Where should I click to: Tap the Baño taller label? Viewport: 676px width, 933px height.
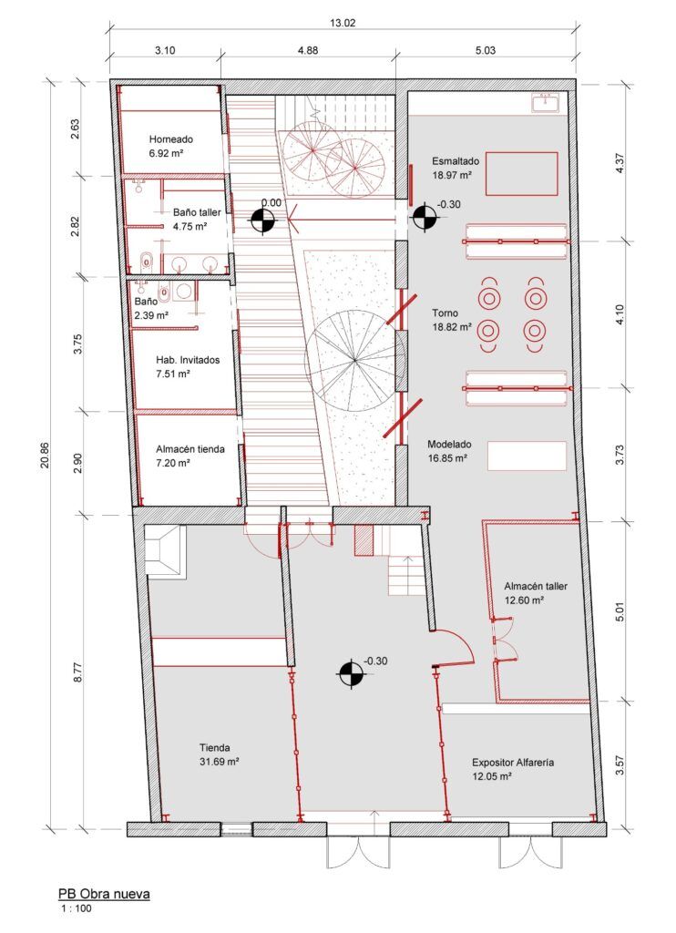click(197, 212)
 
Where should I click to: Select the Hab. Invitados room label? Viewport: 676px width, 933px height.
click(188, 360)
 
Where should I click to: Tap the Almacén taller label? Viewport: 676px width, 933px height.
click(536, 587)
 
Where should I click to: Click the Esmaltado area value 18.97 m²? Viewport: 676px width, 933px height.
click(452, 174)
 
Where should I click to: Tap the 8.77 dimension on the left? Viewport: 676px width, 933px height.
click(79, 672)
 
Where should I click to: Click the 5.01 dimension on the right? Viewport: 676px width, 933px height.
click(620, 608)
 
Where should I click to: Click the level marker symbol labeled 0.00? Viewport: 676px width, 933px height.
click(262, 219)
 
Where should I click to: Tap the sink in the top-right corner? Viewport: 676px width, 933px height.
click(548, 103)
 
